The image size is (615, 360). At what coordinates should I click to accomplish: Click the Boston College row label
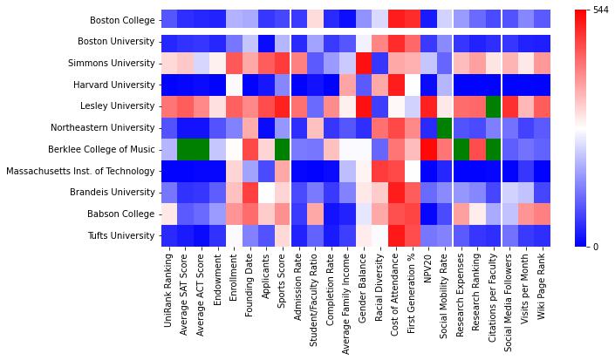(123, 20)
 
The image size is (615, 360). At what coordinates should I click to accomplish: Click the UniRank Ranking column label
(169, 287)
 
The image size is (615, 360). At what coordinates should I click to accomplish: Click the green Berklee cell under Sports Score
(283, 150)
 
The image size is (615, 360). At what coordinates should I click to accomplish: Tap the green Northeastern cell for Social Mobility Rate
(445, 128)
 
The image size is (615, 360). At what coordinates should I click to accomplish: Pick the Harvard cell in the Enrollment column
(234, 85)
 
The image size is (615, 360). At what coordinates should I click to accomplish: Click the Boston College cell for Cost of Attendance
(396, 20)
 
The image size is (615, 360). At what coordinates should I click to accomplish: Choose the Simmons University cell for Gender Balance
(364, 64)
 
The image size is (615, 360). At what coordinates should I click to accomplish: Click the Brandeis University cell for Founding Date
(250, 193)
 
